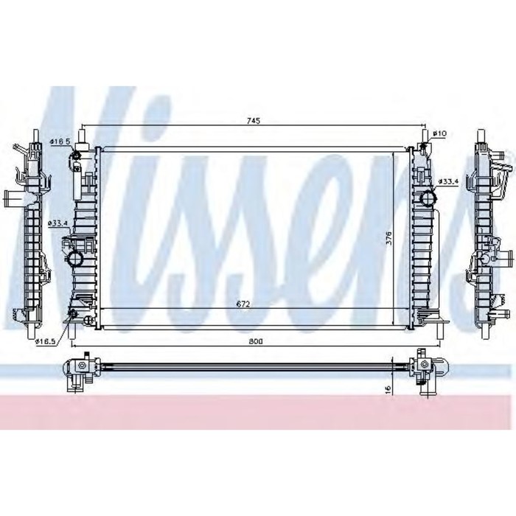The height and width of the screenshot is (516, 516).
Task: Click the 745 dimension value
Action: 254,121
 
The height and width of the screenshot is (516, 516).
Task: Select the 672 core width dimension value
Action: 243,304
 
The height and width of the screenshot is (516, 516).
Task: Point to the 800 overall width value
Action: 256,341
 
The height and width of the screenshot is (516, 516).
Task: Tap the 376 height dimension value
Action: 388,238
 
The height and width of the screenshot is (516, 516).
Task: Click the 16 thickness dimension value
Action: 388,389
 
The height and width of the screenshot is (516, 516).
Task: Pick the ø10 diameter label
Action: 439,133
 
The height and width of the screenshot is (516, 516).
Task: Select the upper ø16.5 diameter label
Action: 60,142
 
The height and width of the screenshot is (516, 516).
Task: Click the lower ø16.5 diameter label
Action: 46,332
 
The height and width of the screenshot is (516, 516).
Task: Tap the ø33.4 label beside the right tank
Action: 448,181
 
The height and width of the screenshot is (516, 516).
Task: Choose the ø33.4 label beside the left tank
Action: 58,223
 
